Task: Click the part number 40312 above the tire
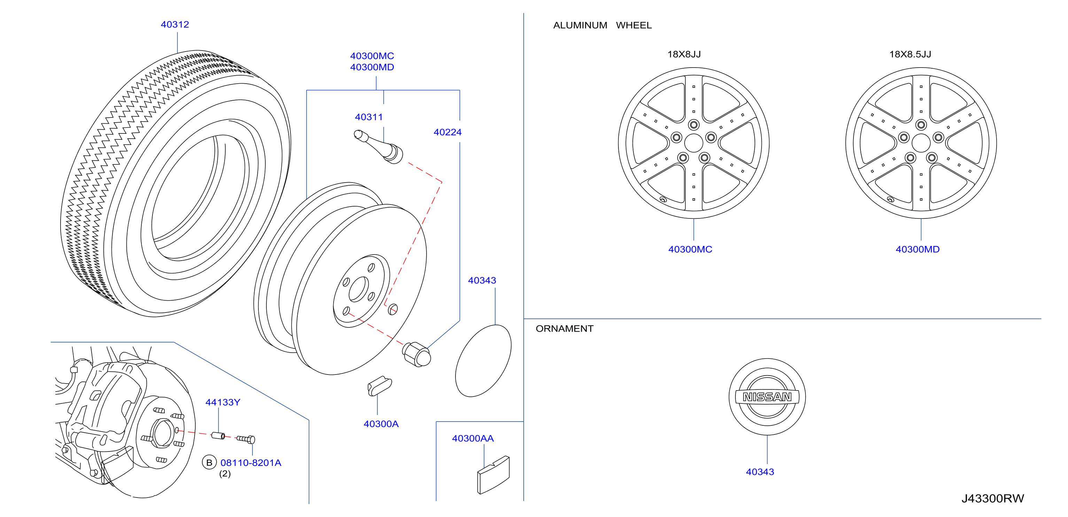[x=174, y=24]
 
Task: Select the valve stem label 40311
[x=368, y=117]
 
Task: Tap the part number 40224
[x=447, y=132]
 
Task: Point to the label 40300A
[x=381, y=424]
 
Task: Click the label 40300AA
[x=473, y=438]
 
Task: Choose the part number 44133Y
[x=223, y=402]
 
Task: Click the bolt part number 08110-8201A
[x=250, y=463]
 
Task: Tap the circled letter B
[x=209, y=462]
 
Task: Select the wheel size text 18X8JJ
[x=684, y=54]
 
